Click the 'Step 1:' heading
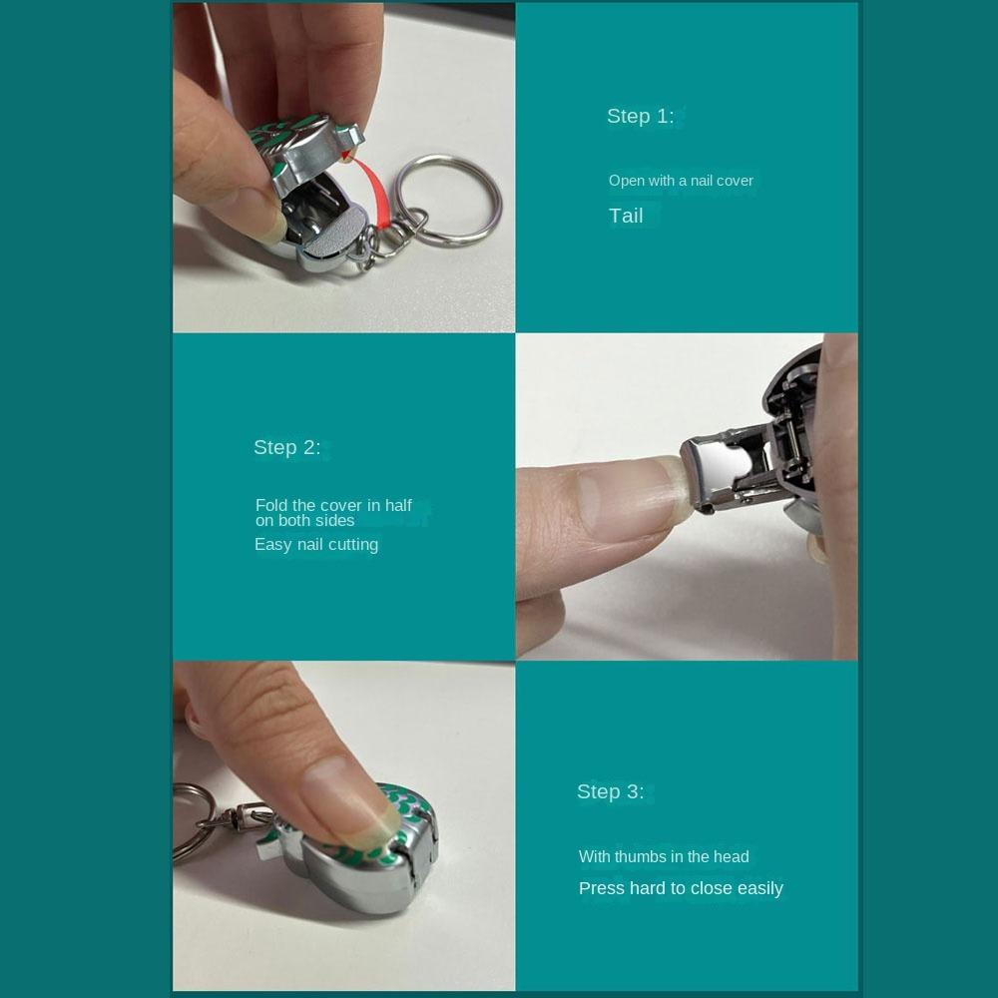point(640,116)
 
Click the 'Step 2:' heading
point(286,447)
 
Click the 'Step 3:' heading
point(610,791)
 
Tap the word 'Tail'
point(626,216)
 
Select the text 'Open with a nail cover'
point(681,181)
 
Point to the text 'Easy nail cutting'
point(316,544)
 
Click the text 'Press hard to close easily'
point(681,888)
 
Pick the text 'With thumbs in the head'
point(664,856)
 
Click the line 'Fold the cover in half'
point(333,505)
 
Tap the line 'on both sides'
point(304,520)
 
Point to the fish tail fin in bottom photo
point(273,843)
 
